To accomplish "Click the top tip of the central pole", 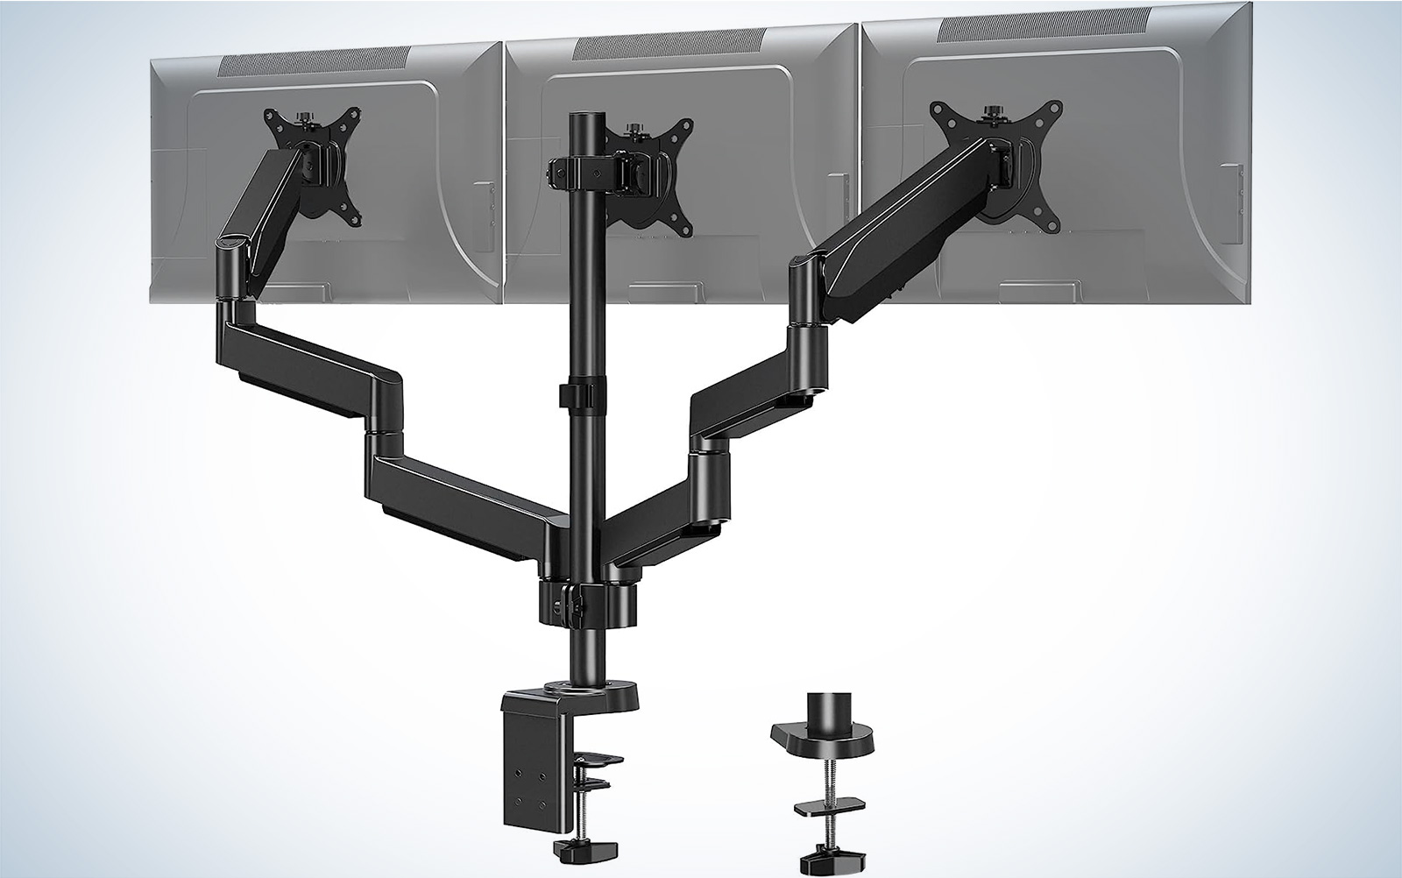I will click(x=580, y=117).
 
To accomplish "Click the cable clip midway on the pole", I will click(x=579, y=393).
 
